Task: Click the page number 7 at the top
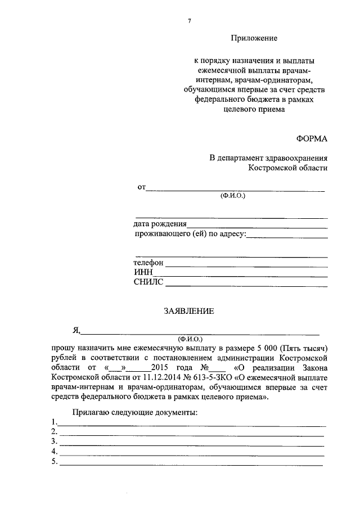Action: point(189,21)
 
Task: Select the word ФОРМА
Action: point(312,138)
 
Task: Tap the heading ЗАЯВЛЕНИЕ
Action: point(188,310)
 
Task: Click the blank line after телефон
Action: point(246,264)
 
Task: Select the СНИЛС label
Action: point(148,282)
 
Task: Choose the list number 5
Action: point(53,462)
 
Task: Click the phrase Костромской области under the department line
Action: point(287,168)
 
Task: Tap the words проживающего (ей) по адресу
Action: point(190,235)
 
